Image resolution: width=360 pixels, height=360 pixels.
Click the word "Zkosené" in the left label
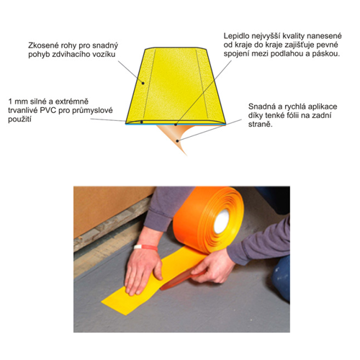click(42, 45)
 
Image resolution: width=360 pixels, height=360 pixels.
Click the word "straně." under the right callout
click(261, 125)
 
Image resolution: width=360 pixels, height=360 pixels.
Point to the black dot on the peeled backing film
click(177, 141)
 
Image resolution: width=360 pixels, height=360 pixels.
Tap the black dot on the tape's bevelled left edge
click(143, 83)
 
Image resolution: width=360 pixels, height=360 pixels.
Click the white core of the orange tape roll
click(221, 221)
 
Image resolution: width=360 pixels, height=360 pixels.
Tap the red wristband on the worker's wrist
click(145, 247)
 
